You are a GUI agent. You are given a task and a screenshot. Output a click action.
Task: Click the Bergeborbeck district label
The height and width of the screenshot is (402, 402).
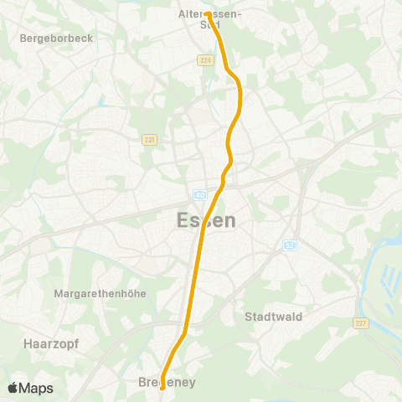click(56, 39)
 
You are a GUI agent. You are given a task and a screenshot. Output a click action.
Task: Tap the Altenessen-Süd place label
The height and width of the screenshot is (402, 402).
click(210, 19)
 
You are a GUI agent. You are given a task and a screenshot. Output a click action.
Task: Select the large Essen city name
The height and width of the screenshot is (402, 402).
click(207, 221)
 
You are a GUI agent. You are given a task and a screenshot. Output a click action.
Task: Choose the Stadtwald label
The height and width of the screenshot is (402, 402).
click(274, 317)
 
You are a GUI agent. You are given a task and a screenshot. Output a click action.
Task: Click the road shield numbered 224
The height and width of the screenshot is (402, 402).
click(205, 60)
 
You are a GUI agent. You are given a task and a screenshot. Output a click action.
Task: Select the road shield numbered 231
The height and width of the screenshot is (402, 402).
click(149, 140)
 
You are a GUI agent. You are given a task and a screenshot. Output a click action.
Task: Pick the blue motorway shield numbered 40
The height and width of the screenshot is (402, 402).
click(199, 195)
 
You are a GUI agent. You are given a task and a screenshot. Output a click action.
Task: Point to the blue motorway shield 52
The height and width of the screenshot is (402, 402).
click(289, 245)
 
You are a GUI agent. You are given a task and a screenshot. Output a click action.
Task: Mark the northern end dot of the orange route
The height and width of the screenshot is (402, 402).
click(207, 13)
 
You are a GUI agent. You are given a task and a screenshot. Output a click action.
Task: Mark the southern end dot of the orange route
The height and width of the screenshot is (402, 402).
click(162, 388)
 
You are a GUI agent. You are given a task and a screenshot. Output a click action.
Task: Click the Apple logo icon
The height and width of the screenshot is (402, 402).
click(13, 388)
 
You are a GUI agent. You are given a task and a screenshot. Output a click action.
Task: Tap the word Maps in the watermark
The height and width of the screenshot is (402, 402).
click(37, 388)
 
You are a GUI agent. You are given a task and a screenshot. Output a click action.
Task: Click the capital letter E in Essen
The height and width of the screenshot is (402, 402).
click(184, 221)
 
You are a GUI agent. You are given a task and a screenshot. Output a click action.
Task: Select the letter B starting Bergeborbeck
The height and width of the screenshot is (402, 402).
click(23, 39)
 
